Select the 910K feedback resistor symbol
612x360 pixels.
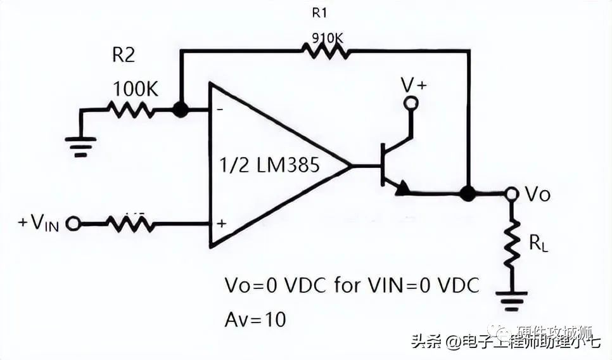(326, 51)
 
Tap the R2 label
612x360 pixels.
(124, 56)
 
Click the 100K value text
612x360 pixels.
(135, 89)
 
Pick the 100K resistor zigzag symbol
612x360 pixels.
(130, 110)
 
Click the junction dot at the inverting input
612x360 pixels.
(181, 110)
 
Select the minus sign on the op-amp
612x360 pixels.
(220, 108)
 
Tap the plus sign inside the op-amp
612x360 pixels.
(222, 224)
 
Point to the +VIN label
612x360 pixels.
(38, 223)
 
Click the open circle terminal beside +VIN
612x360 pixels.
(73, 224)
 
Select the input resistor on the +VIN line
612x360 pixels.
(131, 222)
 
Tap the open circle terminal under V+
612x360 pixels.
(412, 103)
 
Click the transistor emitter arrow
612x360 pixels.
(401, 188)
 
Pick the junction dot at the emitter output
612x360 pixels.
(468, 193)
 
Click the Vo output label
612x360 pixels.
(538, 195)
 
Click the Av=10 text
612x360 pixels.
(255, 319)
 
